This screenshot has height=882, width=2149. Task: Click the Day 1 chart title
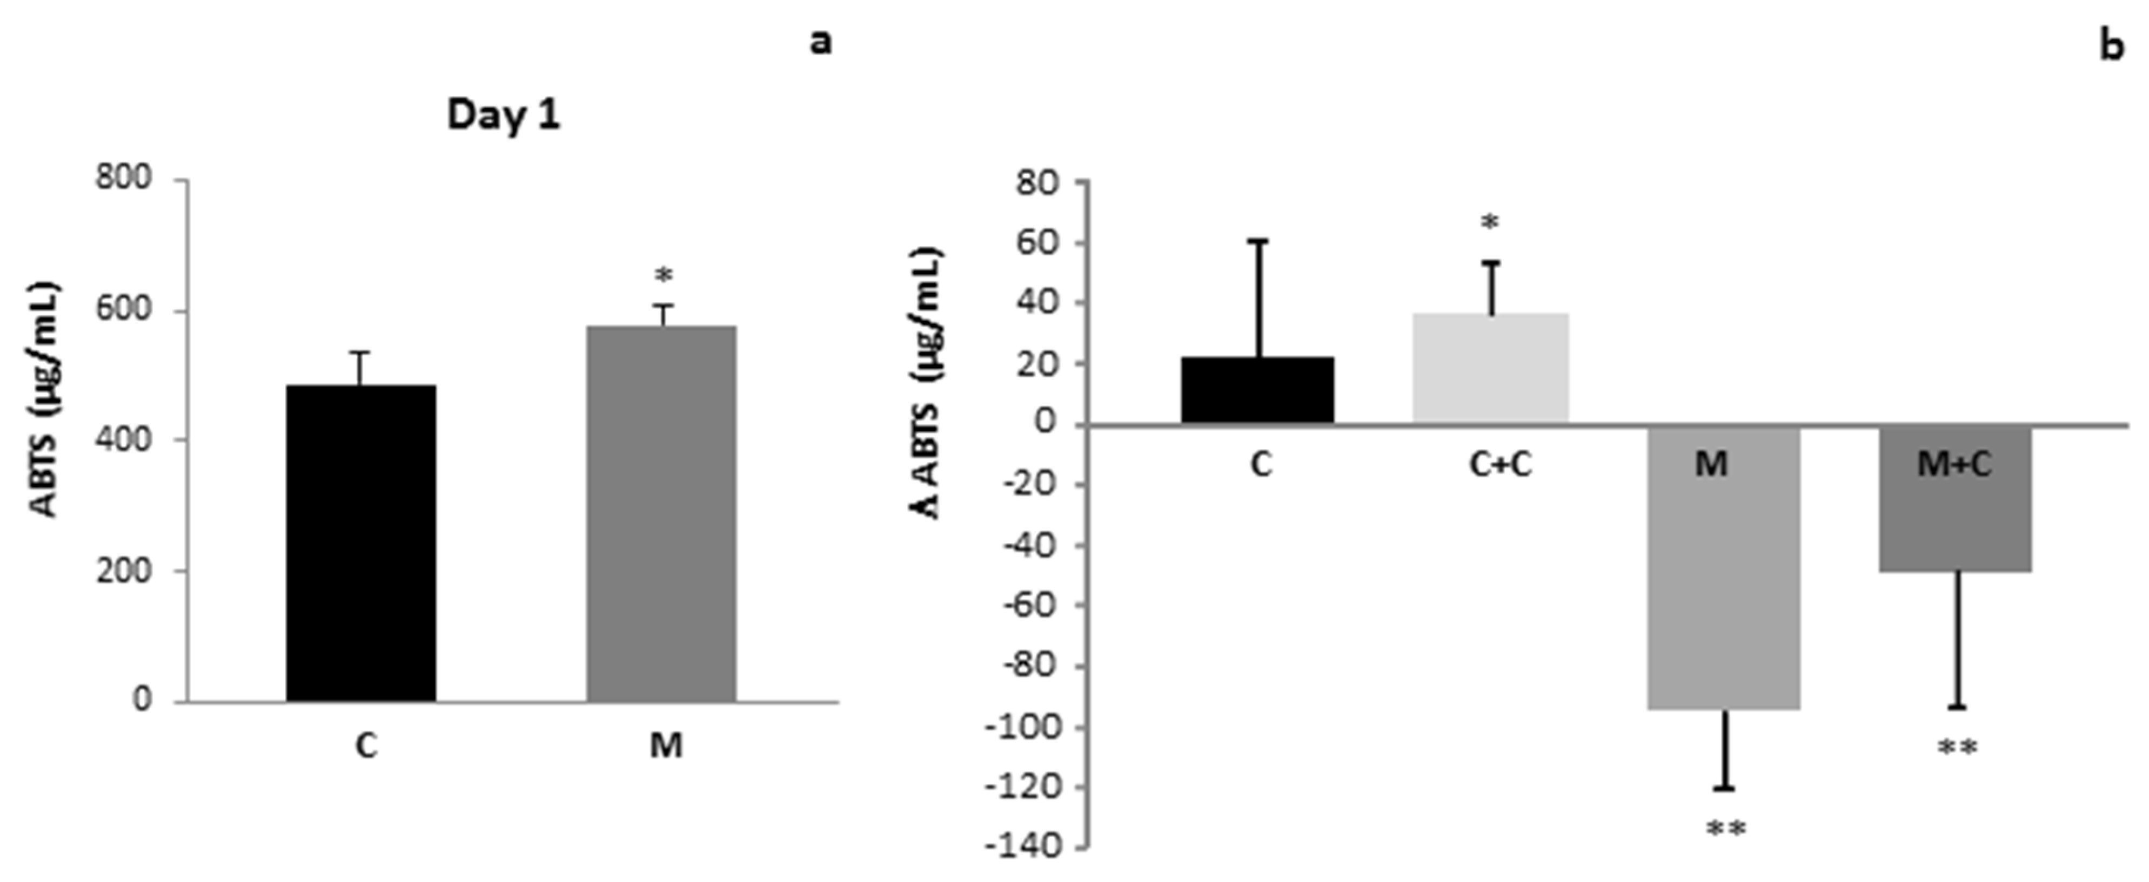click(x=504, y=115)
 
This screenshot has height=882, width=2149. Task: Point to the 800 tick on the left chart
click(x=123, y=179)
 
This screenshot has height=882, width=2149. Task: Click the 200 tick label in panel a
click(x=123, y=571)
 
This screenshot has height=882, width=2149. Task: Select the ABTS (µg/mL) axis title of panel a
click(x=46, y=400)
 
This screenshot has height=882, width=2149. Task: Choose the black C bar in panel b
click(x=1257, y=390)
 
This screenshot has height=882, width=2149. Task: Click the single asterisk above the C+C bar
click(x=1490, y=222)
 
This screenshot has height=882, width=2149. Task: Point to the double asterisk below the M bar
click(x=1725, y=830)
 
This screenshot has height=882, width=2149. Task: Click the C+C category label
click(x=1500, y=464)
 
